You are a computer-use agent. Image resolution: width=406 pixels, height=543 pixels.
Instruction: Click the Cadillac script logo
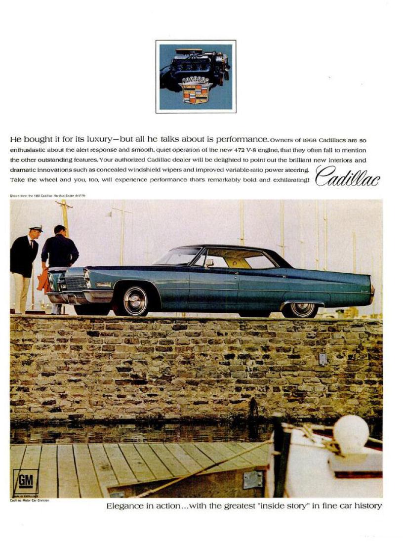click(348, 176)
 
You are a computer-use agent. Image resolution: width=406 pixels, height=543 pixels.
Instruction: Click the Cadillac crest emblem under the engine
click(196, 89)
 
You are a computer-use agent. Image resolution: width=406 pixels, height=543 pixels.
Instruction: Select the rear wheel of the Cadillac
click(302, 308)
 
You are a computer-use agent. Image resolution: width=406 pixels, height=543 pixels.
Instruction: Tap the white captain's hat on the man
click(36, 228)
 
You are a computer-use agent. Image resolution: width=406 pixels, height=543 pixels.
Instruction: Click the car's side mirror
click(209, 263)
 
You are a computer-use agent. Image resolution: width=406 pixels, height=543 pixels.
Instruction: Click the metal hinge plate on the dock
click(252, 479)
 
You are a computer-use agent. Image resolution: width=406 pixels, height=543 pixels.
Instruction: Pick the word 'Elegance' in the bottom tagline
click(124, 505)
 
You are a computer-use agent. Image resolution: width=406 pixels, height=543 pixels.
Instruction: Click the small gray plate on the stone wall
click(323, 359)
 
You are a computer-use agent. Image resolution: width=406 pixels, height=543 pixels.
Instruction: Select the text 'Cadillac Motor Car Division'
click(30, 500)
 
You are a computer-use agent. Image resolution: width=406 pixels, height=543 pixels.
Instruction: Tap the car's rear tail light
click(372, 289)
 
